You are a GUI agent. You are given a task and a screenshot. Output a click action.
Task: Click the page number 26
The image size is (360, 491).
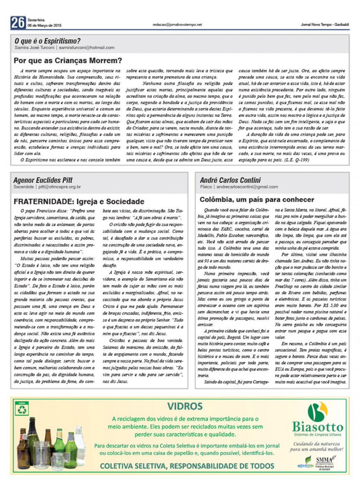coord(18,22)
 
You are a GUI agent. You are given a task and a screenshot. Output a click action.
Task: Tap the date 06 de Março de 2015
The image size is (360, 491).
coord(45,26)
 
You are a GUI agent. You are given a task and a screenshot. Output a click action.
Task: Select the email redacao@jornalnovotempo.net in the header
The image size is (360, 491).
coord(177,25)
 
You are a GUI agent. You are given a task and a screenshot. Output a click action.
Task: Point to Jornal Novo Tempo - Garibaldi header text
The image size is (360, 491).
coord(325,25)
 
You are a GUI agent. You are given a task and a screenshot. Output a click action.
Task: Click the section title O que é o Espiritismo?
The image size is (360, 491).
coord(47,41)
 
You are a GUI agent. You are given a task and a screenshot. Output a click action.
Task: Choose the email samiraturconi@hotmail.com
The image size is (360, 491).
coord(86,48)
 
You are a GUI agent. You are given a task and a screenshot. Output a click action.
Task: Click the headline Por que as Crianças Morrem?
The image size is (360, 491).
coord(68,61)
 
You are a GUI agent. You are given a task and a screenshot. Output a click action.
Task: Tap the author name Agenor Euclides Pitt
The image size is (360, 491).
coord(43,180)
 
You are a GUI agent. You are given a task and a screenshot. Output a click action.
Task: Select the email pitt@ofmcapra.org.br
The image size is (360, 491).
coord(60,187)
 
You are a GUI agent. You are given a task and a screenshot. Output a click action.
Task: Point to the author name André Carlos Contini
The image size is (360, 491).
coord(230,180)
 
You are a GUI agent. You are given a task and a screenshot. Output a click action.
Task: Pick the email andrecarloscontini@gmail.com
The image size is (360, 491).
coord(247,187)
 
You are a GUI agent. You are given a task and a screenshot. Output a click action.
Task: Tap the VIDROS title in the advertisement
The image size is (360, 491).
coord(185,406)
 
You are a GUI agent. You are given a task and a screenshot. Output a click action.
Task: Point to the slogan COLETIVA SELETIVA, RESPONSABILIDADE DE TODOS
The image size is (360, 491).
coord(187,466)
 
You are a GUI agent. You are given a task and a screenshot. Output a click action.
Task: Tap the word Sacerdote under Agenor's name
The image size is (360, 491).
coord(23,187)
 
